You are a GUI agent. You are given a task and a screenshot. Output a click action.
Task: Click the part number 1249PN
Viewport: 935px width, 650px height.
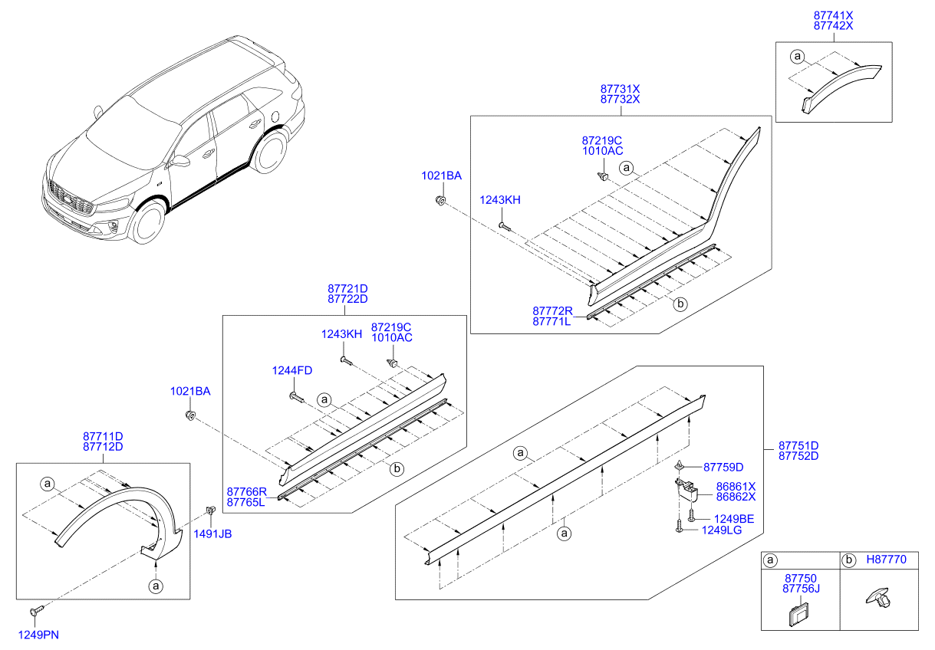tap(38, 634)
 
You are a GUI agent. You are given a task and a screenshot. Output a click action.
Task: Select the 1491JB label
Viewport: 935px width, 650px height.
tap(212, 534)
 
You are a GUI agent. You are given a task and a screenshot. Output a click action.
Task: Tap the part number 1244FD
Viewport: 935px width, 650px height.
tap(292, 371)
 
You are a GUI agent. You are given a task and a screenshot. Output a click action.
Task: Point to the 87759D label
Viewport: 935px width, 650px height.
tap(723, 467)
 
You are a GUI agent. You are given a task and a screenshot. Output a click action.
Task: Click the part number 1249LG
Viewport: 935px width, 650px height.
tap(722, 530)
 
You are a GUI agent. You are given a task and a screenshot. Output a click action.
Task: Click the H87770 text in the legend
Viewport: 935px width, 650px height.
tap(884, 560)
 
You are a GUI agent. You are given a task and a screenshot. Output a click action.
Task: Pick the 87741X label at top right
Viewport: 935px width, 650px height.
tap(833, 15)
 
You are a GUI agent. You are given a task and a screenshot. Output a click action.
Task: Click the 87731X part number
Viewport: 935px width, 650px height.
tap(620, 89)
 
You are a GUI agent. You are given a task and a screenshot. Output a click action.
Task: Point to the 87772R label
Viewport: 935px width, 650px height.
tap(552, 311)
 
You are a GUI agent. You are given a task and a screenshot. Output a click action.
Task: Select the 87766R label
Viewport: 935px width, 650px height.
tap(245, 491)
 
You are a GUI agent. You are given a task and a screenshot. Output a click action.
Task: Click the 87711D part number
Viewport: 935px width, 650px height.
tap(103, 436)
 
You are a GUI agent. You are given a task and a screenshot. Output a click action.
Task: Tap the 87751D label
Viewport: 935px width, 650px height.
tap(798, 445)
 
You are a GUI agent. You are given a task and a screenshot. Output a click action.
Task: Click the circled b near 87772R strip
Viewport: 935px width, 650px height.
tap(680, 304)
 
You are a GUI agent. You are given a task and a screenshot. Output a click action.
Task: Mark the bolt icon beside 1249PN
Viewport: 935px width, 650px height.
tap(36, 611)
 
